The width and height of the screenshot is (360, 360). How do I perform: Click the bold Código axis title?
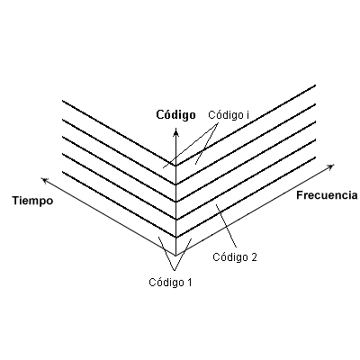coord(175,115)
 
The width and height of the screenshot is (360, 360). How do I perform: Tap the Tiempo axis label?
coord(32,201)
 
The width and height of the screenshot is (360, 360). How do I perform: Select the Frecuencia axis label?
coord(327,195)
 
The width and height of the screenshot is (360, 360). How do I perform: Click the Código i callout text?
coord(229,115)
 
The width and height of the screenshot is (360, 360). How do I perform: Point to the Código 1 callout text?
coord(170,283)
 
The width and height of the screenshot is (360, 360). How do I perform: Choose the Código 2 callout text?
coord(235,257)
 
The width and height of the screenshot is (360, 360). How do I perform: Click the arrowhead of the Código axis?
coord(176,131)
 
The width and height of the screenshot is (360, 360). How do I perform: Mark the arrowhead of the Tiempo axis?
coord(45,180)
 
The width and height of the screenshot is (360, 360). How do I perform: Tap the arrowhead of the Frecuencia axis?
coord(330,166)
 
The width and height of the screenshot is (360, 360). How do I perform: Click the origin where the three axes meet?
coord(176,256)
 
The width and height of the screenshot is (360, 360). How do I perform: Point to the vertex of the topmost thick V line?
coord(176,165)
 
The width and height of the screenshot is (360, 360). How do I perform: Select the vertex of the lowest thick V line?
coord(176,238)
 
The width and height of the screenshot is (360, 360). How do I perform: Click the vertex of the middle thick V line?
coord(176,202)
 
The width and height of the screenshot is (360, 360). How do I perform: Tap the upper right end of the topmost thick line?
coord(315,85)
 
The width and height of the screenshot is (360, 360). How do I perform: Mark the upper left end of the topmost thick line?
coord(62,101)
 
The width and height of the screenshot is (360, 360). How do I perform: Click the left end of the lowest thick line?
coord(62,172)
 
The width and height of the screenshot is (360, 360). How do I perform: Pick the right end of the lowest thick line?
coord(315,157)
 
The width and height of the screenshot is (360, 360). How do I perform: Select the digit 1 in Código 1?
coord(189,283)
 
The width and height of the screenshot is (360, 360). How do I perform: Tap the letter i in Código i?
coord(247,115)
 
